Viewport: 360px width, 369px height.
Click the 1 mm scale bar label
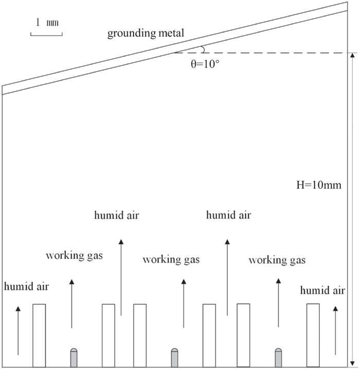pos(47,22)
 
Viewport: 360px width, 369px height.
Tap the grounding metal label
pos(146,34)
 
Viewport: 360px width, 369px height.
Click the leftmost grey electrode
pos(74,358)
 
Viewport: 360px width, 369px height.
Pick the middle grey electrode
pos(174,358)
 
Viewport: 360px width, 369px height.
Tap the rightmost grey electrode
pos(278,358)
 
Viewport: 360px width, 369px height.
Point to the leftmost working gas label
pos(74,255)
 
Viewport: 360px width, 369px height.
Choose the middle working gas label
pos(171,260)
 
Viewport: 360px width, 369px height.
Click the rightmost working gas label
pos(277,260)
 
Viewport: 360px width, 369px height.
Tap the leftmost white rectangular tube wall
pos(39,335)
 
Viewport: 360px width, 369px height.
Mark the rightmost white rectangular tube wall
pos(313,335)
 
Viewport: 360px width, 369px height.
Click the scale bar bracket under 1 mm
pos(47,33)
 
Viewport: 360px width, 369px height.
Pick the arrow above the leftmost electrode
pos(71,303)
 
